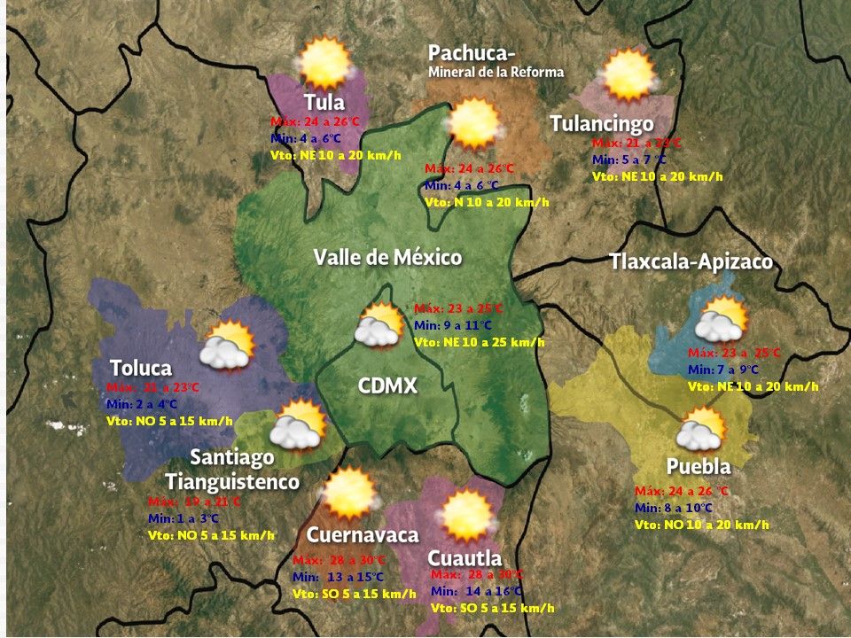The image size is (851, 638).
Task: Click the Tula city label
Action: tap(324, 102)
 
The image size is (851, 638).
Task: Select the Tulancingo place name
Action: tap(602, 123)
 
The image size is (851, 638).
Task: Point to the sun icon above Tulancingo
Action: tap(628, 74)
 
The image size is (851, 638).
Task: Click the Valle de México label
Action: tap(387, 258)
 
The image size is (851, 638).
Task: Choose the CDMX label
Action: tap(387, 386)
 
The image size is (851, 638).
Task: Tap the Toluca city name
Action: tap(141, 368)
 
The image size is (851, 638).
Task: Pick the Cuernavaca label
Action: tap(363, 535)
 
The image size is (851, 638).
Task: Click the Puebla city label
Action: tap(699, 467)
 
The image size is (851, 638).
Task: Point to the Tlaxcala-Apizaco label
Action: tap(691, 262)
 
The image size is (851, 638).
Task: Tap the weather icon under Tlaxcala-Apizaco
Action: tap(721, 320)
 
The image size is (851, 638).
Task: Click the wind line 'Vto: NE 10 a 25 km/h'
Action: tap(479, 342)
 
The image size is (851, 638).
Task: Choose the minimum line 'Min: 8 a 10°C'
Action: tap(673, 508)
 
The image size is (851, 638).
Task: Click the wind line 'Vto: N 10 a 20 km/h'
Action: tap(487, 202)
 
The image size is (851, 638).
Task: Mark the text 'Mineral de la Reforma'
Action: tap(496, 73)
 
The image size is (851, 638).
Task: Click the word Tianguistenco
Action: tap(232, 482)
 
